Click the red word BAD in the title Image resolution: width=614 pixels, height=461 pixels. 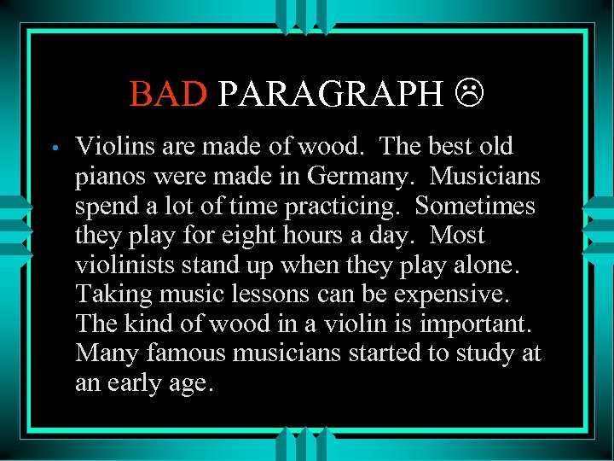(168, 93)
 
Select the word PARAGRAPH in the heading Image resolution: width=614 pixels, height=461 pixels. (331, 93)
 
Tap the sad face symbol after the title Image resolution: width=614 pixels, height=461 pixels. (469, 93)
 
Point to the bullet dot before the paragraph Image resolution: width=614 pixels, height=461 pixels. (54, 148)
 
